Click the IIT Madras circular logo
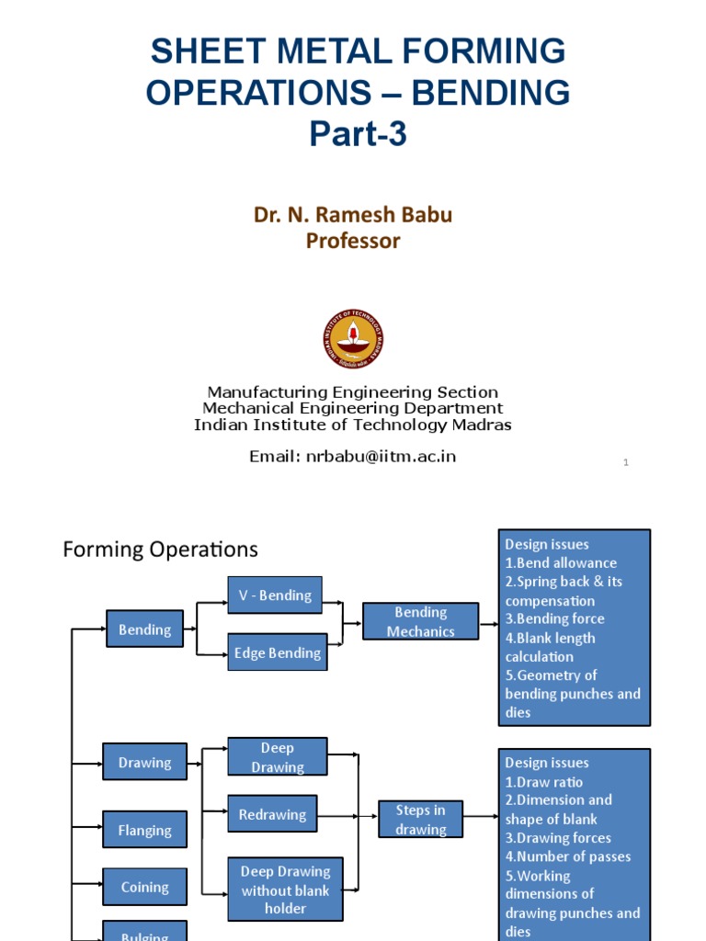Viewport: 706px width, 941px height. pos(353,339)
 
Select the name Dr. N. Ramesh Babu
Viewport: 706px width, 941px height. pos(353,215)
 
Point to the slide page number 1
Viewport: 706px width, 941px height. pos(626,462)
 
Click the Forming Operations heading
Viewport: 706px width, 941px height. pos(160,550)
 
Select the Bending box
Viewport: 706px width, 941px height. pos(145,629)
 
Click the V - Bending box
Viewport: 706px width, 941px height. pos(275,595)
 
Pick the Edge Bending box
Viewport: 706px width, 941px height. pos(277,652)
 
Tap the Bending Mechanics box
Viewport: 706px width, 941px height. pos(420,621)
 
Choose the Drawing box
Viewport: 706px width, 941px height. pos(145,762)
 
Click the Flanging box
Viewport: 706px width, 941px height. pos(145,830)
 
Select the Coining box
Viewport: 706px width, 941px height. pos(145,887)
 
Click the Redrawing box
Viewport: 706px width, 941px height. pos(272,814)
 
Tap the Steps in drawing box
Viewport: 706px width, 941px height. pos(420,819)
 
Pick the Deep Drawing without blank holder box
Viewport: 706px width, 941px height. pos(285,889)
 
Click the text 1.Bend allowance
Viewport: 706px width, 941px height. pos(561,563)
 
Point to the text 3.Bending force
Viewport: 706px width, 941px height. pos(554,618)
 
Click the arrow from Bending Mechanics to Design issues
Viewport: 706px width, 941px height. pos(488,621)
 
